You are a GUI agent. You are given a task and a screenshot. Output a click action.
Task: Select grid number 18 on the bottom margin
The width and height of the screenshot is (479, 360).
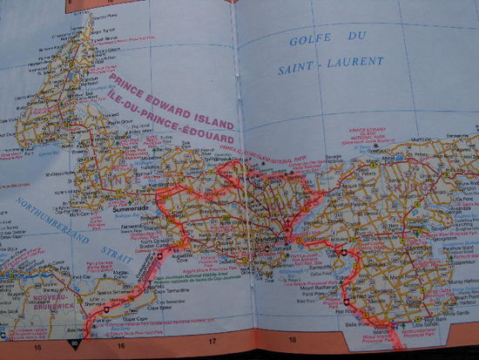(293, 341)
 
